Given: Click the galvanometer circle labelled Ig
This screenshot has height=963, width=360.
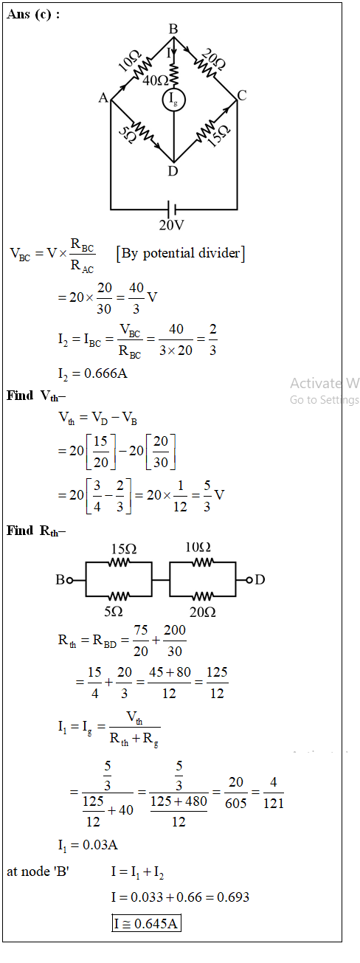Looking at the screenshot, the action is tap(173, 100).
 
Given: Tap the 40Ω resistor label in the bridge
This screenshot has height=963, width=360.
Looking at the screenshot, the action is tap(155, 80).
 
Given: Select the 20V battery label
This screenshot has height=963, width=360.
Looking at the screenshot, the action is tap(171, 225).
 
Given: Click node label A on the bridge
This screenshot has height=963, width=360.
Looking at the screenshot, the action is tap(103, 98).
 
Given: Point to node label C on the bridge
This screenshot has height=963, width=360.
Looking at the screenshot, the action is tap(242, 95).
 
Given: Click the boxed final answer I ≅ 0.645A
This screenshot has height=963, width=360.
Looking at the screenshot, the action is tap(147, 923).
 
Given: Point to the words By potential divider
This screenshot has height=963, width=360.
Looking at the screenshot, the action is tap(181, 253).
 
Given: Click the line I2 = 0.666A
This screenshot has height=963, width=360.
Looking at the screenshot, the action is tap(93, 373).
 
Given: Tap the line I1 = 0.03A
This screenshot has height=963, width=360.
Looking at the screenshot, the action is tap(88, 845).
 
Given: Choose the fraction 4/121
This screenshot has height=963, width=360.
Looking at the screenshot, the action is tap(273, 793).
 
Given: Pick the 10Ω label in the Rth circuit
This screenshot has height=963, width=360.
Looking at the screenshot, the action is tap(198, 548).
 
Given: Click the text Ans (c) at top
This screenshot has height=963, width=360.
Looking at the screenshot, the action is tap(33, 14).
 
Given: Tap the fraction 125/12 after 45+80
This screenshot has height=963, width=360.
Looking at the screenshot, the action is tap(217, 683).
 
